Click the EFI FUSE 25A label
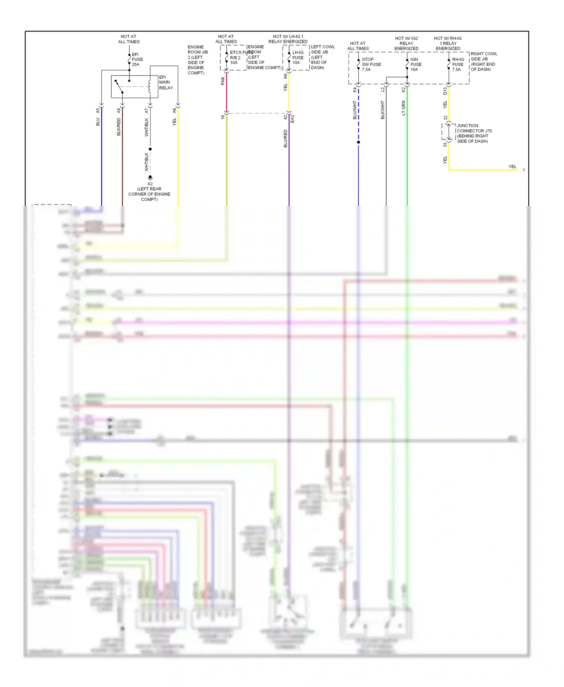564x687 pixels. [x=137, y=59]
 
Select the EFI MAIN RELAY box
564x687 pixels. [x=134, y=86]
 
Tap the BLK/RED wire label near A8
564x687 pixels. [x=119, y=127]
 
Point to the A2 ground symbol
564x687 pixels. [x=150, y=177]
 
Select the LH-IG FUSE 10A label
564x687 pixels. [x=298, y=58]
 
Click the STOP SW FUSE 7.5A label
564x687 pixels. [x=371, y=64]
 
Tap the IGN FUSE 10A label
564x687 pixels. [x=415, y=64]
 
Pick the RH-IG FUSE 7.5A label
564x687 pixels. [x=458, y=64]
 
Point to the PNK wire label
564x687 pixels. [x=223, y=81]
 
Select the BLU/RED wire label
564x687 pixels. [x=285, y=138]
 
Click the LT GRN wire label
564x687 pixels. [x=403, y=108]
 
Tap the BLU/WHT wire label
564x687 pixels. [x=355, y=110]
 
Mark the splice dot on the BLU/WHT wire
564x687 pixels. [x=358, y=142]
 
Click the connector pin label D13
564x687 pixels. [x=445, y=91]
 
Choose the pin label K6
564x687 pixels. [x=285, y=76]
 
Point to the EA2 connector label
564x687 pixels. [x=293, y=119]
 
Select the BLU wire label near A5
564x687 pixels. [x=98, y=122]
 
